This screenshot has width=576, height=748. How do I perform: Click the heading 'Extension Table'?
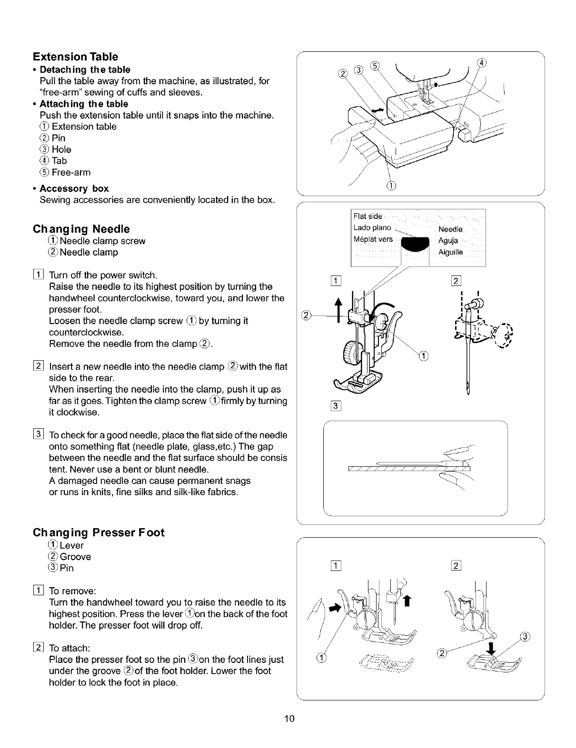click(75, 57)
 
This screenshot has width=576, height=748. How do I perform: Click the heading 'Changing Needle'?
click(81, 229)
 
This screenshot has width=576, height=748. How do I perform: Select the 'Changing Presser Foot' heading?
click(98, 532)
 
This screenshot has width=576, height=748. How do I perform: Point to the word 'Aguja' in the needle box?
click(448, 241)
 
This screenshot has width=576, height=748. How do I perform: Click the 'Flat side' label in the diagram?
click(368, 217)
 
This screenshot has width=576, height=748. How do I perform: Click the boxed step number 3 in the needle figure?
click(336, 406)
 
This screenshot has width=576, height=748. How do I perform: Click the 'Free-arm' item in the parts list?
click(70, 172)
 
